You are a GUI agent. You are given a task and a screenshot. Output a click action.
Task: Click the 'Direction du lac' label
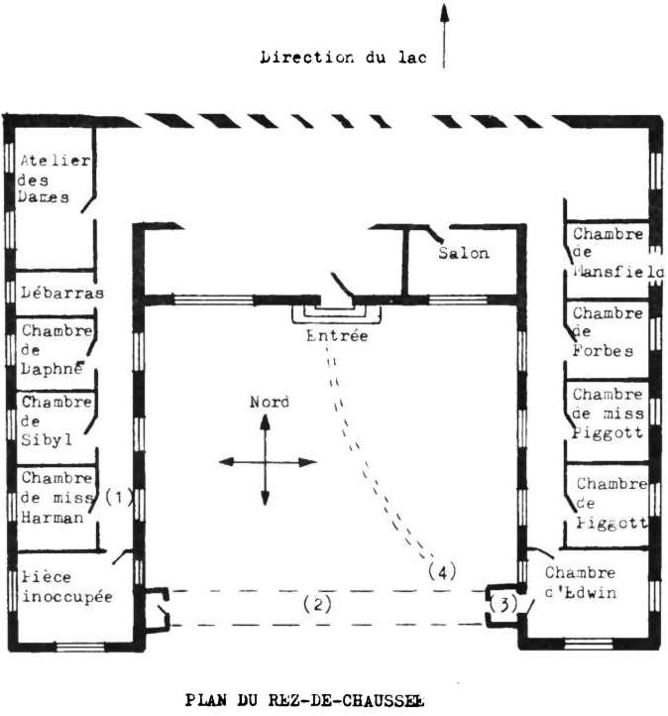[342, 57]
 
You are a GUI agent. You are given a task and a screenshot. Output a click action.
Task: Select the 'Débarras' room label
[62, 293]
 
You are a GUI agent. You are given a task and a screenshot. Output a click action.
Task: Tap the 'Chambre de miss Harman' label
[57, 497]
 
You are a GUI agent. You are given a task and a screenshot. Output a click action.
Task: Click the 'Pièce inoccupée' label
[65, 585]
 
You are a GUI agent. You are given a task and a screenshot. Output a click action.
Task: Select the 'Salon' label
[464, 253]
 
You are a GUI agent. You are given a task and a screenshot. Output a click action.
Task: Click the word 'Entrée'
[336, 336]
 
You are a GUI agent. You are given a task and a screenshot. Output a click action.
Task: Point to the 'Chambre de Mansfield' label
[609, 252]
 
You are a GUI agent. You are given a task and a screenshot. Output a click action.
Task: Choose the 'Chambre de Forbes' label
[607, 331]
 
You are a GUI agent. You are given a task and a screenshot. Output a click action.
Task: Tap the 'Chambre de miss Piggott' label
[608, 412]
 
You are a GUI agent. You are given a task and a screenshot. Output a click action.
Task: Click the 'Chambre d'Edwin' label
[580, 582]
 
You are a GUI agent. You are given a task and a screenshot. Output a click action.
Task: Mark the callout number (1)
[119, 497]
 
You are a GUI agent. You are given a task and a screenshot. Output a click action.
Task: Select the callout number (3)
[502, 604]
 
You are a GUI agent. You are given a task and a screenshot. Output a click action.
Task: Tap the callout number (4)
[442, 571]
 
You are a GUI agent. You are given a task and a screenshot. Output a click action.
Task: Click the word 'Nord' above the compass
[269, 402]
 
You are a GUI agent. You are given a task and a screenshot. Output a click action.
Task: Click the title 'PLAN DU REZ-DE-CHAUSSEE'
[305, 700]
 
